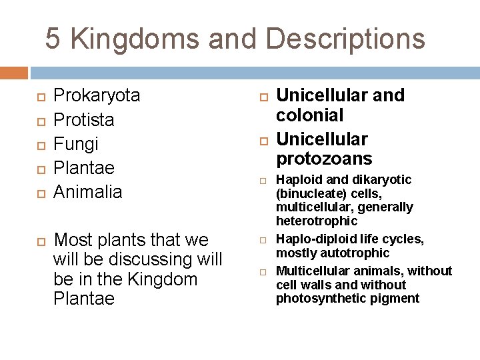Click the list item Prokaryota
(97, 95)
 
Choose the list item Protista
(83, 120)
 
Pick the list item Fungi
(75, 144)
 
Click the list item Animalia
(87, 192)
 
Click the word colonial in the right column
(310, 115)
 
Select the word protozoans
(324, 159)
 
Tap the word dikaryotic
(382, 180)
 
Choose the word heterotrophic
(317, 221)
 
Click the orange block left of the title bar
(14, 73)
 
